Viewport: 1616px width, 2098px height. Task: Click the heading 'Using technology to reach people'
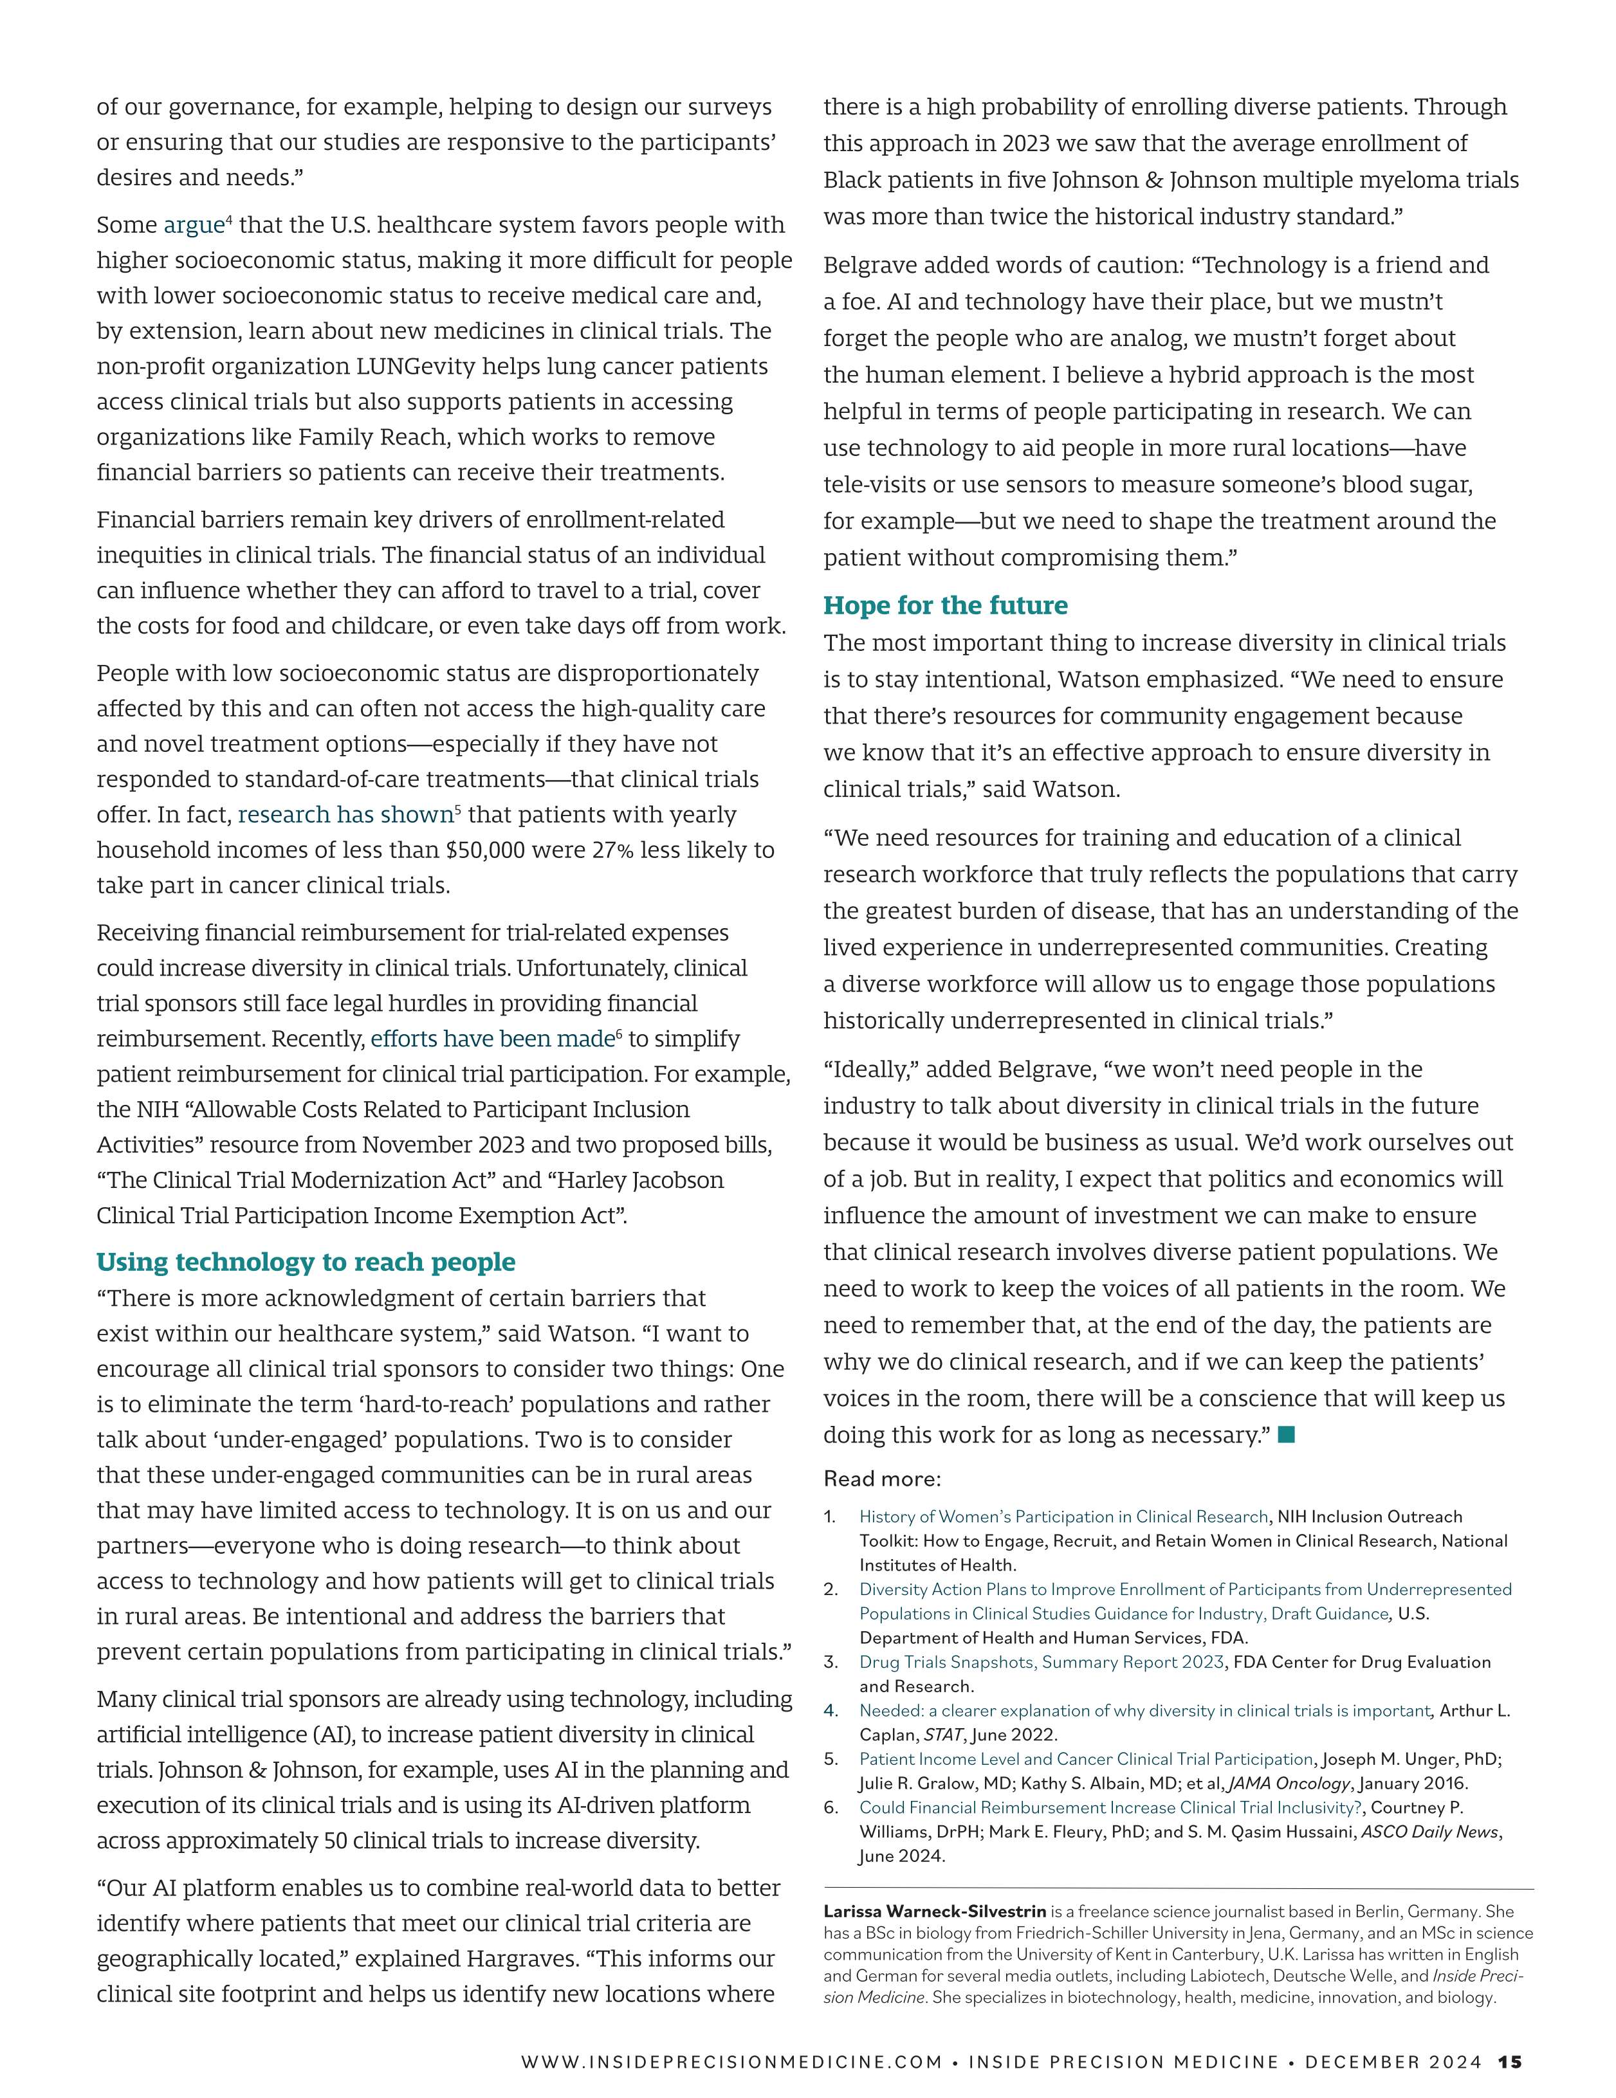[x=306, y=1261]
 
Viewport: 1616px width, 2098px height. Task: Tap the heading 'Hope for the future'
[x=946, y=605]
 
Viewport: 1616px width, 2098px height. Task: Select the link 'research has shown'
[x=345, y=815]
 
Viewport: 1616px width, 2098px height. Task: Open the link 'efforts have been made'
[x=492, y=1039]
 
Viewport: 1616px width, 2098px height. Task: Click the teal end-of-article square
[x=1287, y=1434]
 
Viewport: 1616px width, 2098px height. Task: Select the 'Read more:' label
[x=882, y=1479]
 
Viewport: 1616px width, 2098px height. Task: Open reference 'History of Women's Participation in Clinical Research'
[x=1063, y=1517]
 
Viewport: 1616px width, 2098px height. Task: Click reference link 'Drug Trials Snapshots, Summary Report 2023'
[x=1042, y=1662]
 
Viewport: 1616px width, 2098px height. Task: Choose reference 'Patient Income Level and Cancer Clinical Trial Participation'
[x=1086, y=1759]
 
